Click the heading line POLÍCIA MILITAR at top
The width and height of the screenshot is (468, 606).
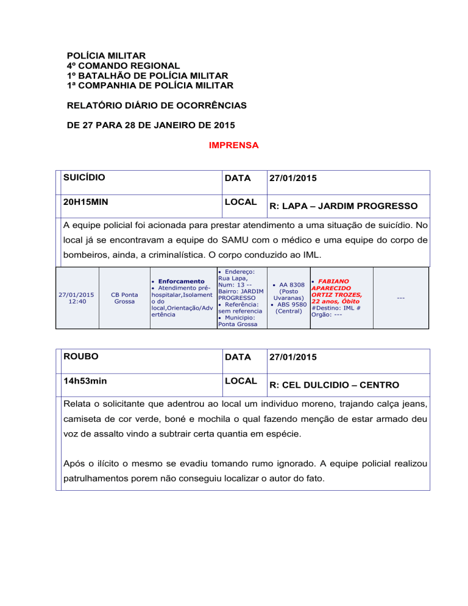click(107, 55)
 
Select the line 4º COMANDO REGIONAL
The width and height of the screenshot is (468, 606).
click(124, 66)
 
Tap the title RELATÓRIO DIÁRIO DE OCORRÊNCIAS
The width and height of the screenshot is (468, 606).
click(157, 105)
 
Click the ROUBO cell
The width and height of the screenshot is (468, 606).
click(81, 357)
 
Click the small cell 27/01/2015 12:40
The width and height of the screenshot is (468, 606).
click(76, 298)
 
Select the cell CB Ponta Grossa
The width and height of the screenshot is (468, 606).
click(124, 298)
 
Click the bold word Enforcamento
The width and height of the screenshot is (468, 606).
click(181, 281)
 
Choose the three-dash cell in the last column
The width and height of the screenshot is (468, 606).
click(400, 298)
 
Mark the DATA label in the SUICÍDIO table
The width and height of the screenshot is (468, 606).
click(237, 178)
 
